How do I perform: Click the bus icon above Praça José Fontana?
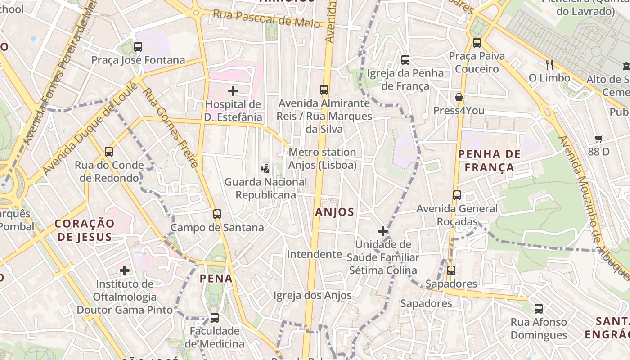click(138, 47)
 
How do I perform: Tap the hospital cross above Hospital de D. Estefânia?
click(233, 91)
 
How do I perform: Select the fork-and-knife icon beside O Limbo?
click(549, 64)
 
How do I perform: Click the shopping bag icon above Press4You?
click(459, 97)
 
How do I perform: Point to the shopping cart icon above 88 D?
click(598, 139)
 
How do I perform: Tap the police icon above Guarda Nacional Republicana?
click(265, 168)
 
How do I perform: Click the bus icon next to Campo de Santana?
click(217, 214)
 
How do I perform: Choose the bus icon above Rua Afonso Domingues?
click(539, 309)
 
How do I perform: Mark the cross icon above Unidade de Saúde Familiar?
click(383, 231)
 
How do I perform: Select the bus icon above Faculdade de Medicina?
click(215, 318)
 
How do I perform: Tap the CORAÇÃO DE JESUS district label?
click(85, 230)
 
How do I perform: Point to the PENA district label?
click(216, 279)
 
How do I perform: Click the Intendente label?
click(315, 254)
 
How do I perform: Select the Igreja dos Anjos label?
click(313, 296)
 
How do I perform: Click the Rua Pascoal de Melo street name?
click(266, 18)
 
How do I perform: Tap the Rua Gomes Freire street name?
click(171, 128)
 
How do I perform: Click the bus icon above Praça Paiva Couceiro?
click(477, 43)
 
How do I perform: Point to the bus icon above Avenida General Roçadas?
click(457, 195)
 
